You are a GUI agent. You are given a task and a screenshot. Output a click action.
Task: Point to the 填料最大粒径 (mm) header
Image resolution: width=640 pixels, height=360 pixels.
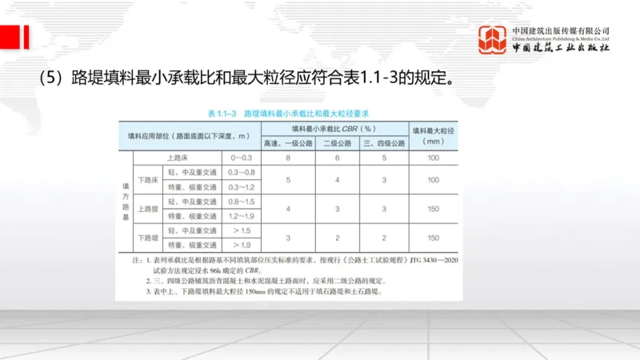pyautogui.click(x=434, y=136)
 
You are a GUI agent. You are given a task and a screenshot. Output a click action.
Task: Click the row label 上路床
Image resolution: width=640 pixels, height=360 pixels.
pyautogui.click(x=178, y=158)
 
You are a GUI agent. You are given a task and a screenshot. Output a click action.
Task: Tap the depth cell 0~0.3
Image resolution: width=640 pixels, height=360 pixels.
pyautogui.click(x=241, y=158)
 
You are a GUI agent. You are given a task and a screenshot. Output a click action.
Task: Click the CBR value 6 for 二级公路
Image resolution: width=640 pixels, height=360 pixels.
pyautogui.click(x=338, y=158)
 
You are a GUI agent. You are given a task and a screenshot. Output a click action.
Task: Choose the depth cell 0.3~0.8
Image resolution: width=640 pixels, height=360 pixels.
pyautogui.click(x=241, y=173)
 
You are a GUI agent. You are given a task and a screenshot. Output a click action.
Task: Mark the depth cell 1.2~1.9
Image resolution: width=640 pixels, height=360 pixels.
pyautogui.click(x=241, y=216)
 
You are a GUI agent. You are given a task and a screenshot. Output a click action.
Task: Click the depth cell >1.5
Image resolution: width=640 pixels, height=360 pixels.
pyautogui.click(x=241, y=230)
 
